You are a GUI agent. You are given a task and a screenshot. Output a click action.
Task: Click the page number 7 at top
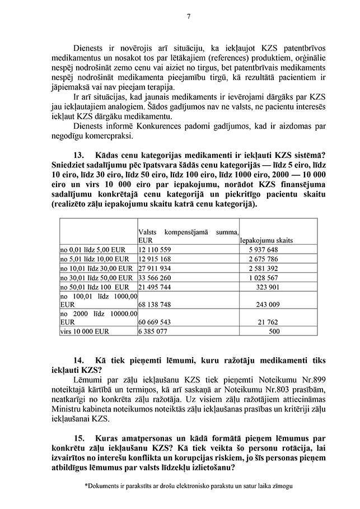click(189, 16)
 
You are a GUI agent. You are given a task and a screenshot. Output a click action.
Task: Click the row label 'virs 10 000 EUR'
click(85, 331)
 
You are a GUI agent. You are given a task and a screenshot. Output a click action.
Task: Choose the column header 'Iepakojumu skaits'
click(268, 240)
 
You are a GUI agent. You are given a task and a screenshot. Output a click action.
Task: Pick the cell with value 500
click(274, 331)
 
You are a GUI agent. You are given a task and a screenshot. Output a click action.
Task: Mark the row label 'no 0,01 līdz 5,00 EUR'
click(94, 249)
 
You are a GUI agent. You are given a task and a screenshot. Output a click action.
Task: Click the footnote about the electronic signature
click(188, 487)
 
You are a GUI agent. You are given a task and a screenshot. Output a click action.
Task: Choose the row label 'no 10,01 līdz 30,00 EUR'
click(96, 268)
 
